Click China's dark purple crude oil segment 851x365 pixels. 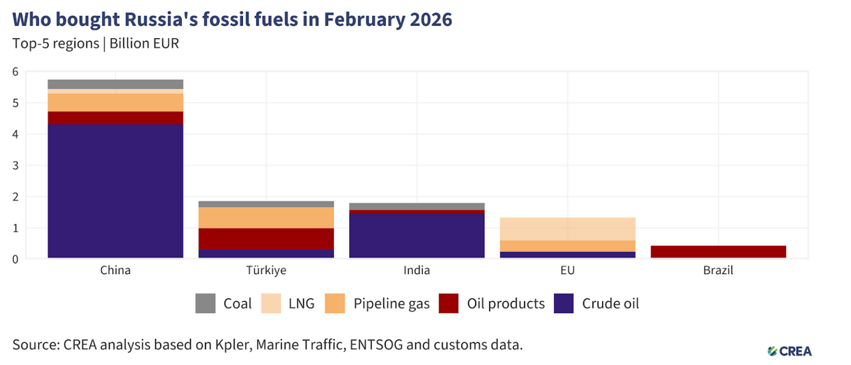point(116,191)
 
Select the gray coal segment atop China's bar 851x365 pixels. point(116,84)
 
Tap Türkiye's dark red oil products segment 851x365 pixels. point(266,239)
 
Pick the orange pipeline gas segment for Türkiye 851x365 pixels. point(266,217)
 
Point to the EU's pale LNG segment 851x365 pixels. point(567,229)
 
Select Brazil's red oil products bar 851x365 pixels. point(718,251)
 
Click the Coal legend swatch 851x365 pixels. point(206,303)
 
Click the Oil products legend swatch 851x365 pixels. point(450,303)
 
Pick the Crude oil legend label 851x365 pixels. point(610,303)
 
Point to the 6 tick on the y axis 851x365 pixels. point(16,72)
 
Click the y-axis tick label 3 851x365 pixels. point(16,165)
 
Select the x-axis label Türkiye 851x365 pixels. point(266,271)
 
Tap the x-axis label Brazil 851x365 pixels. point(718,271)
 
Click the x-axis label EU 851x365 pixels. point(567,271)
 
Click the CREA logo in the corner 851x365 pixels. point(789,351)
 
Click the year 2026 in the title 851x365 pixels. point(428,19)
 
